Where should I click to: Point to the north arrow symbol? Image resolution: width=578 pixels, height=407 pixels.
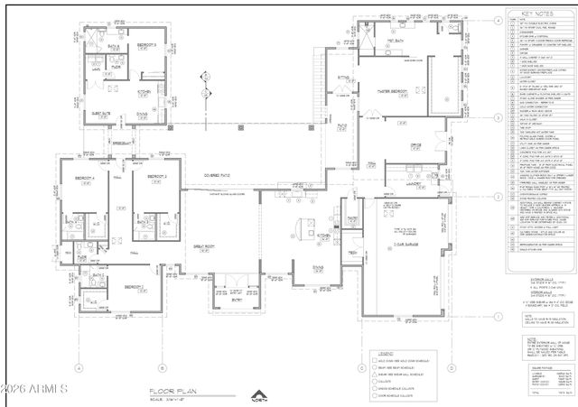click(x=259, y=395)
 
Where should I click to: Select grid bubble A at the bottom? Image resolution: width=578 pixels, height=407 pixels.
click(x=79, y=367)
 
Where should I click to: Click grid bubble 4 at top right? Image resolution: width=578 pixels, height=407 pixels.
click(x=498, y=28)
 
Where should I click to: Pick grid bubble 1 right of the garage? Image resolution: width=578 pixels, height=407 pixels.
click(x=498, y=316)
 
